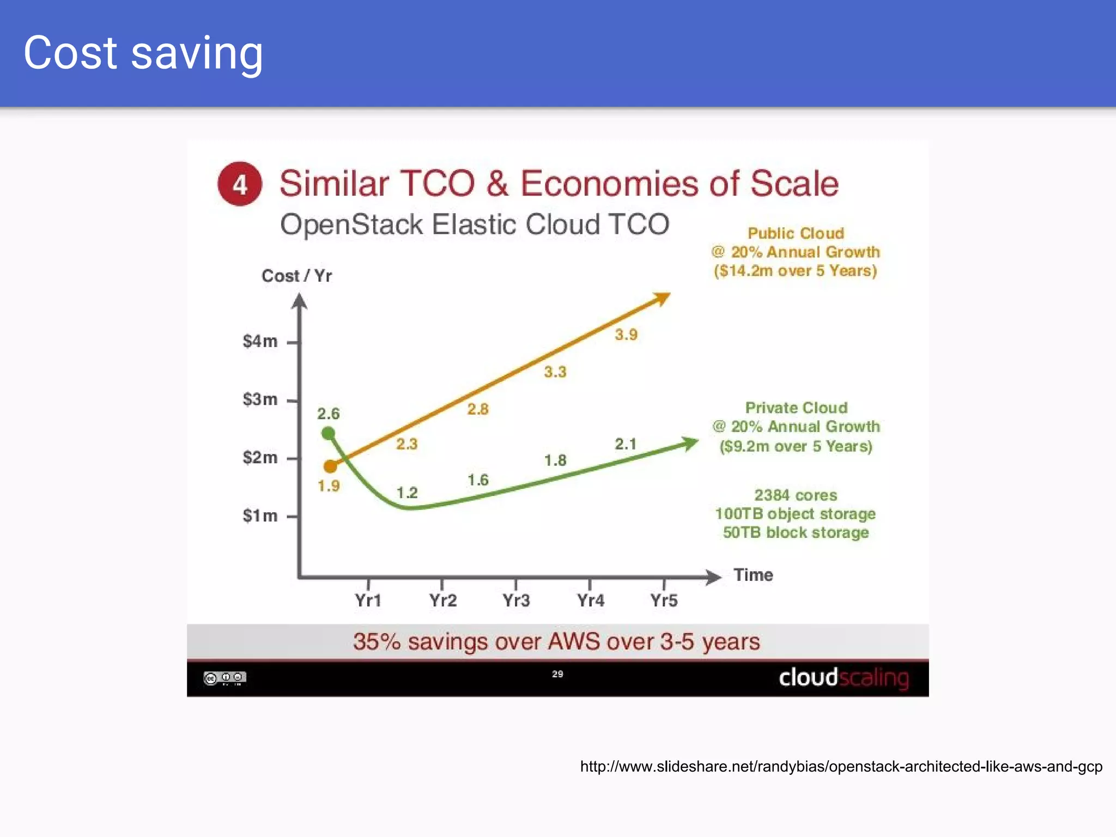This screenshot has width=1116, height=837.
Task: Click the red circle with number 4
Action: (x=240, y=184)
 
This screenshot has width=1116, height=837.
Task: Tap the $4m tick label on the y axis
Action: (x=260, y=342)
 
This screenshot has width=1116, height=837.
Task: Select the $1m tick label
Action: (x=260, y=515)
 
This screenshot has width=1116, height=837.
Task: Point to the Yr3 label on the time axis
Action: (x=516, y=601)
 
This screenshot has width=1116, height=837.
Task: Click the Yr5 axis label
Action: (x=664, y=601)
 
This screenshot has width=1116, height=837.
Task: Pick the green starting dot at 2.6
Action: (x=328, y=433)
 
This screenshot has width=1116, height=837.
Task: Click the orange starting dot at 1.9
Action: (x=330, y=466)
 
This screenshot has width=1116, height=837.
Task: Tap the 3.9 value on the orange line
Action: (x=626, y=335)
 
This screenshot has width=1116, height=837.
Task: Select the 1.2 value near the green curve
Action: (x=407, y=493)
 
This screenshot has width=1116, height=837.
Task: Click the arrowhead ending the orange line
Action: (x=663, y=298)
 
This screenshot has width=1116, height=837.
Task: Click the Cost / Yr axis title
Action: (x=296, y=276)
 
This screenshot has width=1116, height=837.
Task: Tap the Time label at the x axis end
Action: (x=753, y=575)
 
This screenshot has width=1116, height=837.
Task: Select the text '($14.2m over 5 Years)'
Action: (x=795, y=271)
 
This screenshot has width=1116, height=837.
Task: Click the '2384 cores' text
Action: (x=795, y=495)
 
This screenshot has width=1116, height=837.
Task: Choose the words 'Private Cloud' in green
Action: (x=796, y=408)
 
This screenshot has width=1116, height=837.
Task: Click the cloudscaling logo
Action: (x=844, y=678)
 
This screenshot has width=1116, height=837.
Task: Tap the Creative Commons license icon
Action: (x=225, y=678)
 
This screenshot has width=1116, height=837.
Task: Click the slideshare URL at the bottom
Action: (x=841, y=767)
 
